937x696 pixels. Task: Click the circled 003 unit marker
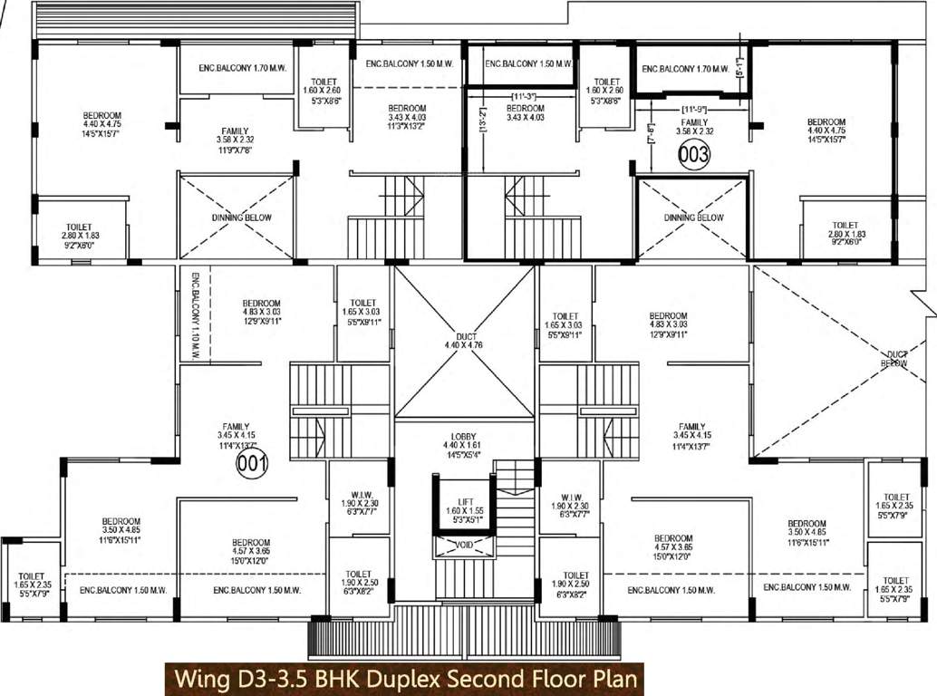694,155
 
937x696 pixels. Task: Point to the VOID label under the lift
464,546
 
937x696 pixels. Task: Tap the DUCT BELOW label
897,359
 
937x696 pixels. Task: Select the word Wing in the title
198,678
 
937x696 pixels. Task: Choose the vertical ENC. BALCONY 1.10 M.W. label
194,313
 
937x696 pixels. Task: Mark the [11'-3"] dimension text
525,96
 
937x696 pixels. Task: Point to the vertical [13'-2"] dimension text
481,119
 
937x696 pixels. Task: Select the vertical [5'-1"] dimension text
740,66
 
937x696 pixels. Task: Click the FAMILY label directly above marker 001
237,426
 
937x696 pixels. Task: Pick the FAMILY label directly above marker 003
695,122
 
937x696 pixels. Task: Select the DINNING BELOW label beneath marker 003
693,217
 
